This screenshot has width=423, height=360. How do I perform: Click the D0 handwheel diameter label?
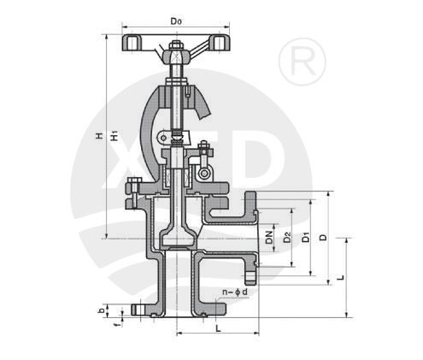[x=176, y=21]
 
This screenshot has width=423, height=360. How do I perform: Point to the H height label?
[x=99, y=136]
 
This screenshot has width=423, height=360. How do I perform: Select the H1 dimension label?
[x=115, y=136]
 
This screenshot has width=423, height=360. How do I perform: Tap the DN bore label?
[x=269, y=237]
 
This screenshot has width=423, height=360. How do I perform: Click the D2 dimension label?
[x=288, y=237]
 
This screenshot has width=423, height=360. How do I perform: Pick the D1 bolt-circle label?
[x=306, y=237]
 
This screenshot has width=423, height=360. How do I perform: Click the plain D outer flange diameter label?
[x=323, y=237]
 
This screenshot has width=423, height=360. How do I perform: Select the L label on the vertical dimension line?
[x=341, y=277]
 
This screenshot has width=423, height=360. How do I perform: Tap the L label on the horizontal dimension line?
[x=218, y=328]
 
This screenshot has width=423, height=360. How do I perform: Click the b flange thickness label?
[x=101, y=311]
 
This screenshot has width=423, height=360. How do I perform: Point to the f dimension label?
[x=116, y=324]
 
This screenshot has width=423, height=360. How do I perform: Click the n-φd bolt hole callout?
[x=235, y=292]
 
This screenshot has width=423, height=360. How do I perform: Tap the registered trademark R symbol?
[x=303, y=62]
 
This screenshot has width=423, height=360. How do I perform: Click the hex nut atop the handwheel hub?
[x=176, y=46]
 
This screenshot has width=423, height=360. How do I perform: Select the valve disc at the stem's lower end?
[x=178, y=239]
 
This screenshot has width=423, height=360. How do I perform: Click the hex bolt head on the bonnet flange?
[x=134, y=184]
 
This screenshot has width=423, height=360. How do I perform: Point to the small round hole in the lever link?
[x=163, y=138]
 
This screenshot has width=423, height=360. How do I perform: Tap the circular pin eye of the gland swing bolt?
[x=204, y=173]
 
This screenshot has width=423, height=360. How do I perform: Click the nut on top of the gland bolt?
[x=204, y=145]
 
